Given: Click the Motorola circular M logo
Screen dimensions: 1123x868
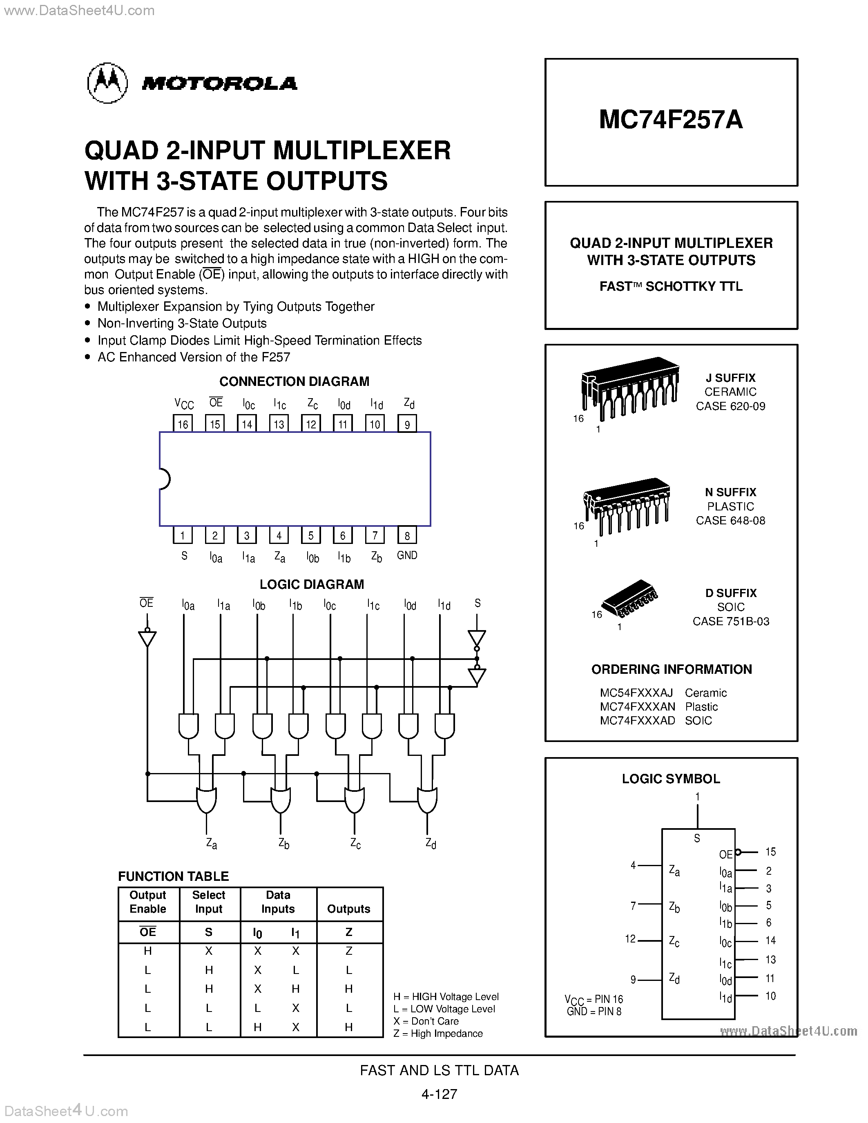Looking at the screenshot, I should click(107, 83).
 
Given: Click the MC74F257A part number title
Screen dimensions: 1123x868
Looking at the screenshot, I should click(671, 120).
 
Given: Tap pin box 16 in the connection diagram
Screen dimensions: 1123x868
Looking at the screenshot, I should click(183, 424).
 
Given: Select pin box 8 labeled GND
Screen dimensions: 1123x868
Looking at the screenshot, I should click(407, 536).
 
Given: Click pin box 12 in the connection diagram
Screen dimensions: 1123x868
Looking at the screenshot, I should click(311, 424).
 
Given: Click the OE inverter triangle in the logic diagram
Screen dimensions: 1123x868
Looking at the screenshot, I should click(147, 638).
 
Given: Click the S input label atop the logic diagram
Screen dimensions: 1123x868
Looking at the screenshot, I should click(477, 603).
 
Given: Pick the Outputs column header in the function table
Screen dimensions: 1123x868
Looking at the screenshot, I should click(349, 909).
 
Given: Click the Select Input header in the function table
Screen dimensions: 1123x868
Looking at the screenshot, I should click(209, 902).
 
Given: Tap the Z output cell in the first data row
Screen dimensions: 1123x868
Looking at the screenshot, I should click(349, 951).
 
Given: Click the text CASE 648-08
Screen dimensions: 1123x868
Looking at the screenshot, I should click(730, 520).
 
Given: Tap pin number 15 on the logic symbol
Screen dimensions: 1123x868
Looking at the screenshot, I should click(770, 851).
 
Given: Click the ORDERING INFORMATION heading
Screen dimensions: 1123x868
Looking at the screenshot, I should click(671, 669).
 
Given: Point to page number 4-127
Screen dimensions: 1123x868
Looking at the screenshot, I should click(439, 1094).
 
